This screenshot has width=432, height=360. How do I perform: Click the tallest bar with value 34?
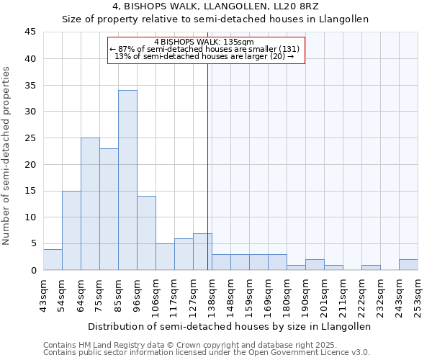point(127,180)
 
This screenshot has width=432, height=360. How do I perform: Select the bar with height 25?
point(90,204)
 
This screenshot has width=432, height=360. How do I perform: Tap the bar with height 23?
point(109,209)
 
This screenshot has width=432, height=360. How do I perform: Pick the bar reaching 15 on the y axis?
point(71,230)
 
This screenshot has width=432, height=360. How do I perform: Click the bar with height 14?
point(146,233)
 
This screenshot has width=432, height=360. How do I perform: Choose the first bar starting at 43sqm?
point(53,259)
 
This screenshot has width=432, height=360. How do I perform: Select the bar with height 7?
point(202,252)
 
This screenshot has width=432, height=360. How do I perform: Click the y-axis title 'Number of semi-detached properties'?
point(7,156)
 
